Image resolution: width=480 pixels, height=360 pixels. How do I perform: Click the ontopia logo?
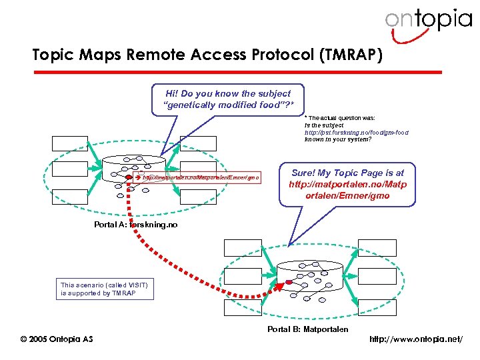(x=427, y=21)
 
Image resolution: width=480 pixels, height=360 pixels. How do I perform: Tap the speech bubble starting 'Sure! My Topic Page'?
(x=347, y=184)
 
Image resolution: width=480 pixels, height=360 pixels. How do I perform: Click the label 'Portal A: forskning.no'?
(x=136, y=225)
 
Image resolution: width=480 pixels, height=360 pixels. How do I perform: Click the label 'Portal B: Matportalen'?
(x=307, y=329)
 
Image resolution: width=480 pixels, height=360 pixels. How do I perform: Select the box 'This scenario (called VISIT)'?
(x=105, y=289)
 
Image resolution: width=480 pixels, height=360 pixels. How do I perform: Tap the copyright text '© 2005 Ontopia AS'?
(x=57, y=339)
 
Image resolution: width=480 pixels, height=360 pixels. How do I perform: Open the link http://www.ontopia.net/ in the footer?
(x=423, y=340)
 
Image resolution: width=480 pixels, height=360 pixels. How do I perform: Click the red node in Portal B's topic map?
(x=289, y=283)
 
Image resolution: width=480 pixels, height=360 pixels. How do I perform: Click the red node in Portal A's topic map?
(x=129, y=178)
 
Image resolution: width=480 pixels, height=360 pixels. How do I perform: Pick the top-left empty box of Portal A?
(x=71, y=143)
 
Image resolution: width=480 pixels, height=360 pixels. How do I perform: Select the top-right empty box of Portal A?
(x=198, y=143)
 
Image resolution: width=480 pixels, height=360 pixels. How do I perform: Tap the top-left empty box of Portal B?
(x=243, y=247)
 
